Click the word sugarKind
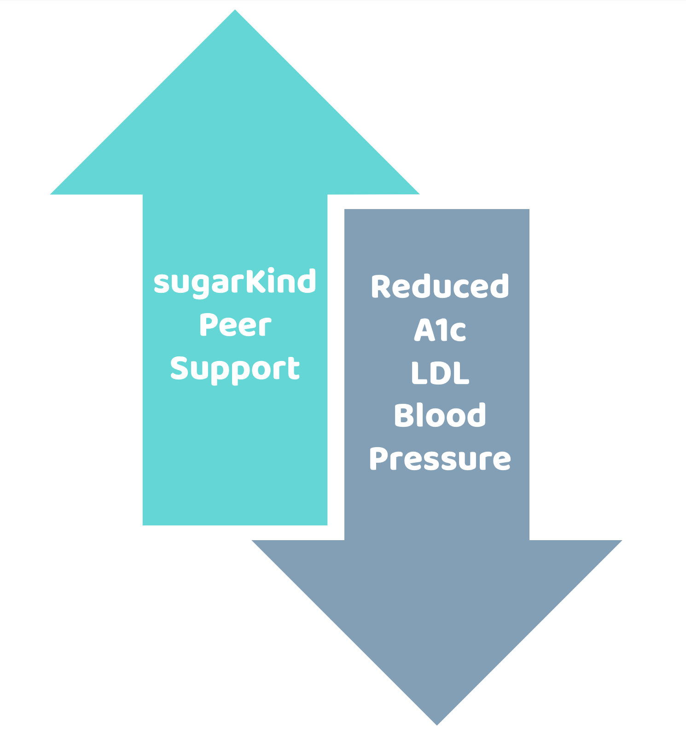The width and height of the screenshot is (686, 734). coord(235,282)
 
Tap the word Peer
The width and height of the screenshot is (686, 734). coord(235,325)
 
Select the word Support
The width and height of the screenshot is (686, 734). coord(235,369)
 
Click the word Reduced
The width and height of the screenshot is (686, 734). coord(440,286)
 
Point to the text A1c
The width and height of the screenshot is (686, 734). coord(440,330)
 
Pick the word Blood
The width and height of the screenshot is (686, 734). coord(440,415)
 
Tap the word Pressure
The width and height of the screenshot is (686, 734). coord(440,459)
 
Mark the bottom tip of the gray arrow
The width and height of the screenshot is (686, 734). coord(436,723)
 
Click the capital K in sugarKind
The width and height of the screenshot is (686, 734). coord(251,280)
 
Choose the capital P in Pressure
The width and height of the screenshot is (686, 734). coord(378,459)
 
